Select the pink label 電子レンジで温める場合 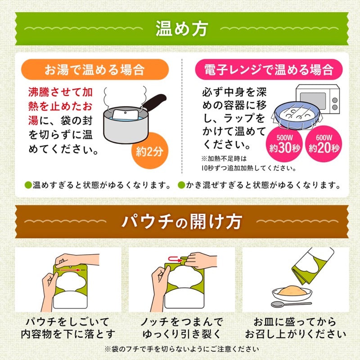268,70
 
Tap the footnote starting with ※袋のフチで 180,349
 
